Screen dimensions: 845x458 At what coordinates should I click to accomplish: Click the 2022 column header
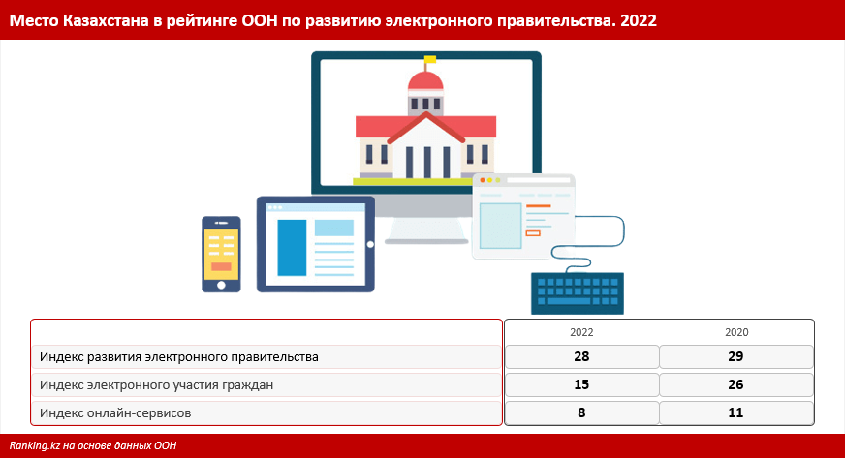(581, 332)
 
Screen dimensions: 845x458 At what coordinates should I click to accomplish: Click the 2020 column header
(736, 332)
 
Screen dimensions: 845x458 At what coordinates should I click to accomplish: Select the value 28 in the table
(581, 356)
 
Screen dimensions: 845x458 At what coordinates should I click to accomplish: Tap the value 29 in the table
(735, 356)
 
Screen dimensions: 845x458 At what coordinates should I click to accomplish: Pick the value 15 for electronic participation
(581, 384)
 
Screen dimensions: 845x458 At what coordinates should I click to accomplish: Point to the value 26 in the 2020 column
(735, 384)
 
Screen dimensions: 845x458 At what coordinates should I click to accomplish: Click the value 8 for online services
(581, 412)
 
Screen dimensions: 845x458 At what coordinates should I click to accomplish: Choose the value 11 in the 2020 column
(735, 412)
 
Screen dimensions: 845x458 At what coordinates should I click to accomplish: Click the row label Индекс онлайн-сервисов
(115, 413)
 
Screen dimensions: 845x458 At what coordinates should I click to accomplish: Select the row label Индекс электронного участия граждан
(156, 385)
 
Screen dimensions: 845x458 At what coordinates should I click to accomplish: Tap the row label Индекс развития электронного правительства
(179, 357)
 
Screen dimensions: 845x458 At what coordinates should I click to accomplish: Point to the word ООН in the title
(260, 20)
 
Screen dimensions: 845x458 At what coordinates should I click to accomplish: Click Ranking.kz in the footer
(34, 445)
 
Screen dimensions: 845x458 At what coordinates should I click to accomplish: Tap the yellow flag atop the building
(429, 59)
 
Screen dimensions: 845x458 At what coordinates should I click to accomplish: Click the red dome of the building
(425, 81)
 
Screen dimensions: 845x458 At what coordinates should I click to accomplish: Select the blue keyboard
(578, 293)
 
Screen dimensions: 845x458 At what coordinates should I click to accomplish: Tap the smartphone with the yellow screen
(221, 254)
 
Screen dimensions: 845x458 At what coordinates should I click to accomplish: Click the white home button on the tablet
(370, 244)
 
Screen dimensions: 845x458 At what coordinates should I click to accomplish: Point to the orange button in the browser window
(533, 233)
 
